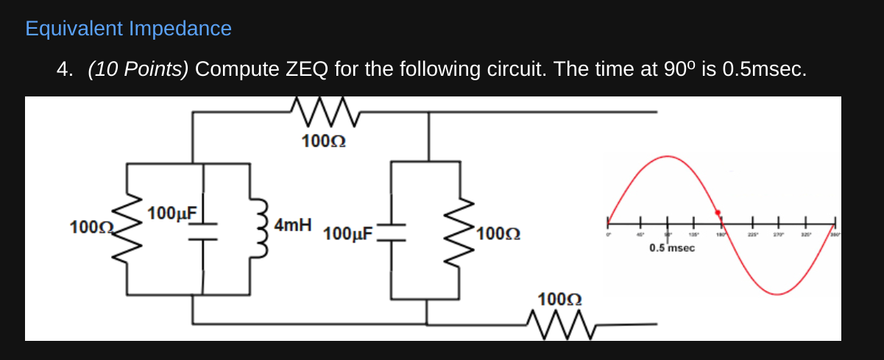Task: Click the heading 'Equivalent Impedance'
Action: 128,29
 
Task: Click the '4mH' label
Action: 293,225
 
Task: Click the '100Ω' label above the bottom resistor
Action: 559,299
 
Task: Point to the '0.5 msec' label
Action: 671,248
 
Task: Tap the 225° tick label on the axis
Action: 753,234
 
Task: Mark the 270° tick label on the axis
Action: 779,234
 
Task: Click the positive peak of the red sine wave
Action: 665,157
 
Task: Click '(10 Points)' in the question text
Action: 138,69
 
